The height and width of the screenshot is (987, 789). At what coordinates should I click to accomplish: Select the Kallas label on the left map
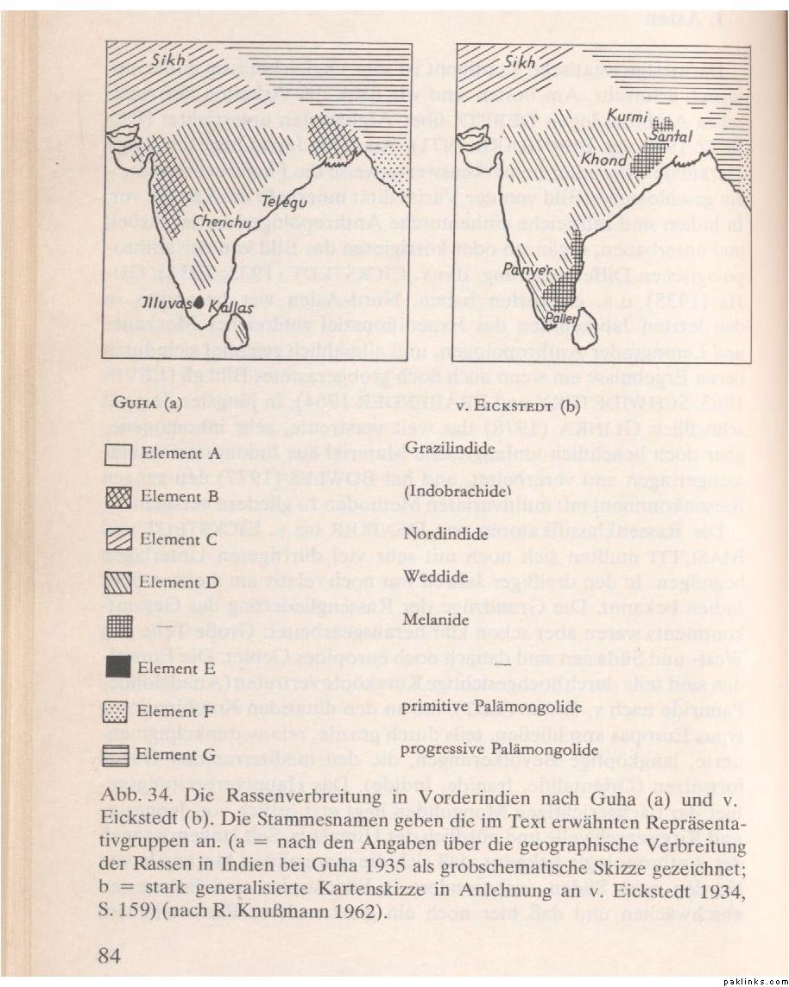tap(229, 306)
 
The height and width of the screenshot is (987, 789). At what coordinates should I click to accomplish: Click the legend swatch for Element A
tap(117, 454)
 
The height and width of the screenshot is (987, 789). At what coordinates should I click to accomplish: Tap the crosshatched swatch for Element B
tap(117, 497)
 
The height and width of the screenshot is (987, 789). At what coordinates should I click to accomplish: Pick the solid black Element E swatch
tap(117, 667)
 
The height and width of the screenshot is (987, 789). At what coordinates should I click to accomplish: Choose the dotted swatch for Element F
tap(117, 711)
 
